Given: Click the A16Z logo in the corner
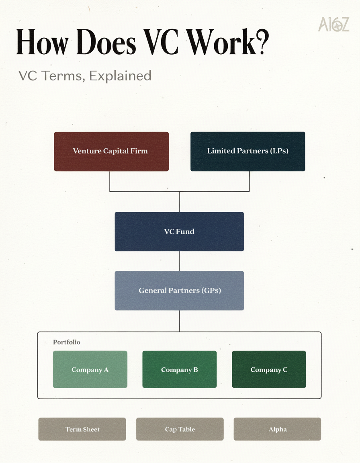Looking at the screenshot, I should click(x=333, y=24).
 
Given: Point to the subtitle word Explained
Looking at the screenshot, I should click(x=120, y=76).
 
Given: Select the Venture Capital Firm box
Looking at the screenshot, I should click(x=111, y=152).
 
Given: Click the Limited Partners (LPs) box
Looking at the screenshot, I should click(x=247, y=152).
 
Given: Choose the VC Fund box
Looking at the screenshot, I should click(x=179, y=231).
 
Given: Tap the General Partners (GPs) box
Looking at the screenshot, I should click(x=179, y=291).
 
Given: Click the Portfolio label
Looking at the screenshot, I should click(x=67, y=342).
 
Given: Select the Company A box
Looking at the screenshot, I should click(x=90, y=369).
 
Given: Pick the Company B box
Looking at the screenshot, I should click(x=179, y=369).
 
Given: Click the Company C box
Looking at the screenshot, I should click(x=269, y=369).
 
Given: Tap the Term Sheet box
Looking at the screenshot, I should click(x=82, y=429).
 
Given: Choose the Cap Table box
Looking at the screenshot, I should click(x=180, y=429).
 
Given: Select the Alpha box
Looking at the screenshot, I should click(x=277, y=429).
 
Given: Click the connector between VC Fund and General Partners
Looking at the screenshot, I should click(x=179, y=261).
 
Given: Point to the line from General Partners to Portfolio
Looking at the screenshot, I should click(x=179, y=321).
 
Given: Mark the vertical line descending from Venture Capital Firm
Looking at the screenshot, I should click(x=110, y=181).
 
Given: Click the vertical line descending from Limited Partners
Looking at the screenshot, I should click(x=249, y=181).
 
